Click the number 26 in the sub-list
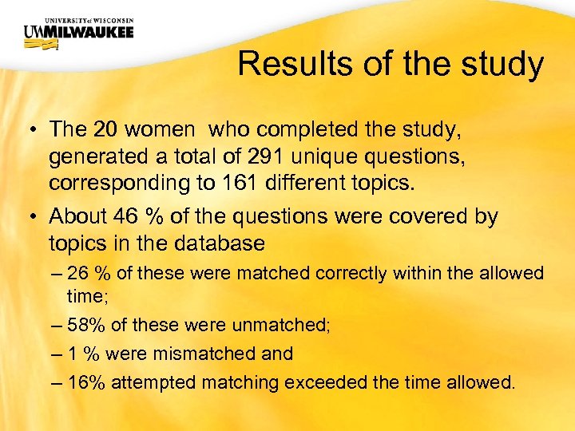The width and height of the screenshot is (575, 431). pos(78,274)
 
